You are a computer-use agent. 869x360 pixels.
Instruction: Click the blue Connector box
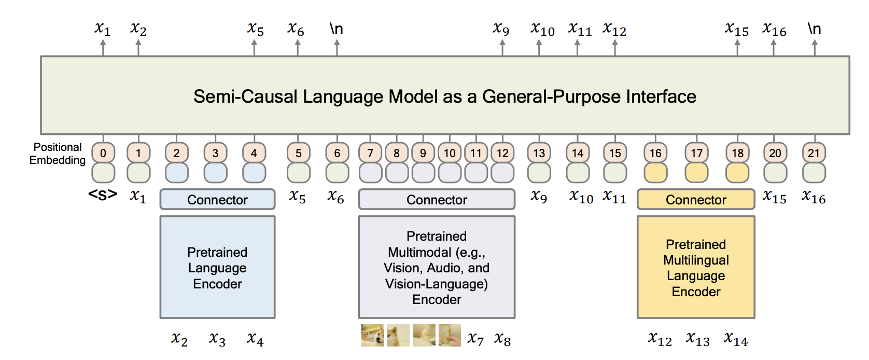[x=217, y=199]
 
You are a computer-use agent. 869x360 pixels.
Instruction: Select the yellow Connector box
[x=696, y=199]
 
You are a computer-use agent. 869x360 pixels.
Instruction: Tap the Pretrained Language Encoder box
[x=217, y=267]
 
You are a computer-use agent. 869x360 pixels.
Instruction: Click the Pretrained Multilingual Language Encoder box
[x=696, y=267]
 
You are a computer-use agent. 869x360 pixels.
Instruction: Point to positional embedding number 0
[x=103, y=153]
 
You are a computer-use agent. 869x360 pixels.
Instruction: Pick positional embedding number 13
[x=539, y=153]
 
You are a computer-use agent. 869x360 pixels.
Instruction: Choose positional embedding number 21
[x=814, y=153]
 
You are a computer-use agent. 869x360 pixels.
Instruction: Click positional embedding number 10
[x=449, y=153]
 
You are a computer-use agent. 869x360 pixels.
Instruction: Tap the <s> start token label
[x=103, y=194]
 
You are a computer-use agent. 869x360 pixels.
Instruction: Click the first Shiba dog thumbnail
[x=372, y=335]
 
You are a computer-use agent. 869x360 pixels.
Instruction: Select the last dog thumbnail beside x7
[x=450, y=335]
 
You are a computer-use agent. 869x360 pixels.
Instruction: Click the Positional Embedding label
[x=58, y=154]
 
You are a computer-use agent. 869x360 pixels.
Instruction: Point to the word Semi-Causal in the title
[x=246, y=96]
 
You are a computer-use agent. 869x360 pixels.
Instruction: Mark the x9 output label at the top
[x=501, y=29]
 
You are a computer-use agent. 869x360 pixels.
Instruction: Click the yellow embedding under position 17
[x=696, y=173]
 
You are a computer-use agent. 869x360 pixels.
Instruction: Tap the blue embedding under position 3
[x=215, y=173]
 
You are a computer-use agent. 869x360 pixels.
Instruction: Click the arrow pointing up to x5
[x=254, y=48]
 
